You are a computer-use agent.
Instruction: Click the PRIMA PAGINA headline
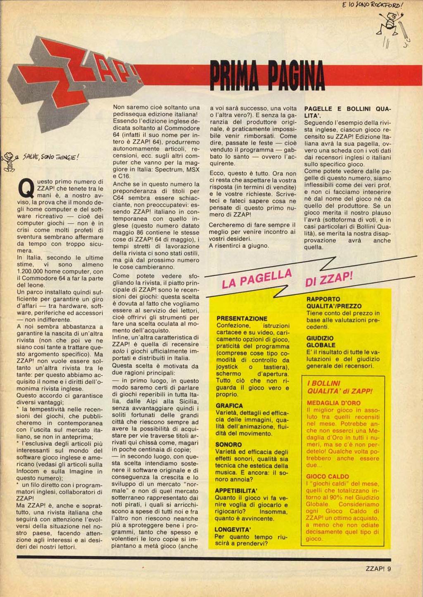(267, 75)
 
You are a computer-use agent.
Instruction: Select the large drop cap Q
(26, 189)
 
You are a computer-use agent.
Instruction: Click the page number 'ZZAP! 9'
(378, 568)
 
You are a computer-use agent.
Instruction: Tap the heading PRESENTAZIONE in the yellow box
(242, 318)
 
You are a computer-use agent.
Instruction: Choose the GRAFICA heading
(229, 406)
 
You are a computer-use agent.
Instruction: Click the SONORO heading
(228, 445)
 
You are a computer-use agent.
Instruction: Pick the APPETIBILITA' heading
(236, 490)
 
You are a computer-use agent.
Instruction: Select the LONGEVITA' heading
(233, 529)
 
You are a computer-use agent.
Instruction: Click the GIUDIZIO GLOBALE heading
(321, 341)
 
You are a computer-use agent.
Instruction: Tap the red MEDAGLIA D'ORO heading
(334, 403)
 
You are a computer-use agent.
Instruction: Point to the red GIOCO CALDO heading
(328, 476)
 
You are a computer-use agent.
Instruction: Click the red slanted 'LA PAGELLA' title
(257, 279)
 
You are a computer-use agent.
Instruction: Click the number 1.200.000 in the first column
(34, 271)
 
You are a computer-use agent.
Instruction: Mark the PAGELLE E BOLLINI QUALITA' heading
(347, 112)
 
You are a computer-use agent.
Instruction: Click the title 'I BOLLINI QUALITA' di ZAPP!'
(340, 387)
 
